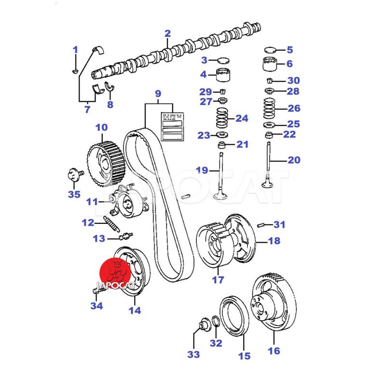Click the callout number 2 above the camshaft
167,34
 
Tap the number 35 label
74,195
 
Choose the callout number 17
218,280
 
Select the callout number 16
274,351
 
